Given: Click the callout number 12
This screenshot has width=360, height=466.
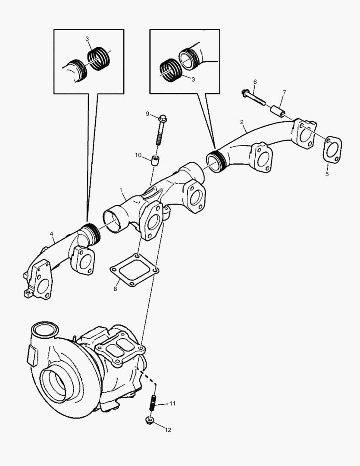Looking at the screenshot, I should [168, 430].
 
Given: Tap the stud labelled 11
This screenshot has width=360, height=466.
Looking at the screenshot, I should [153, 403].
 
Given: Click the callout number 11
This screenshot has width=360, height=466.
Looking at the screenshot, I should [172, 403].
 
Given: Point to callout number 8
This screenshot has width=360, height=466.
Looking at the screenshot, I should [115, 289].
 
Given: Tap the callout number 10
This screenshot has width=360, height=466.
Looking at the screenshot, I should [138, 155].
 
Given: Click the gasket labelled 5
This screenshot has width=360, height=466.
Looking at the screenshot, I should [332, 150].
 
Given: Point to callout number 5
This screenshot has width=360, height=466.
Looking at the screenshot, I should [327, 174].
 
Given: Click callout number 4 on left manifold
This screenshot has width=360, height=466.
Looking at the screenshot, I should [51, 234].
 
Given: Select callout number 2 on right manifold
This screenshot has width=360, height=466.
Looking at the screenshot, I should [242, 122].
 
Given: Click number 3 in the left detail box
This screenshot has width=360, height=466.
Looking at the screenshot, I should [87, 39].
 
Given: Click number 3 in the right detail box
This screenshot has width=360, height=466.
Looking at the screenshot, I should [193, 79].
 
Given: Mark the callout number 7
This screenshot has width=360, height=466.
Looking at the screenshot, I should [284, 92].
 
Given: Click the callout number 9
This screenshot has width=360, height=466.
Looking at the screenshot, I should [147, 114].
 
